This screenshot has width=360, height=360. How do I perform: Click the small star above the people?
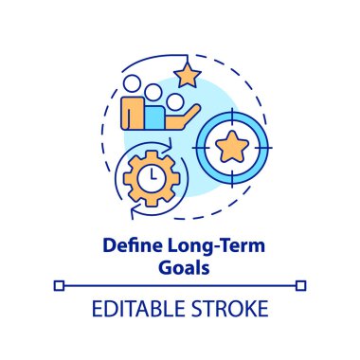pyautogui.click(x=187, y=72)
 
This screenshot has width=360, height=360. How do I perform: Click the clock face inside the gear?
pyautogui.click(x=151, y=176)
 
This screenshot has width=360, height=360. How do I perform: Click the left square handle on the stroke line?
pyautogui.click(x=59, y=284)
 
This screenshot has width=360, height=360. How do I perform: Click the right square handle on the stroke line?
pyautogui.click(x=301, y=284)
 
